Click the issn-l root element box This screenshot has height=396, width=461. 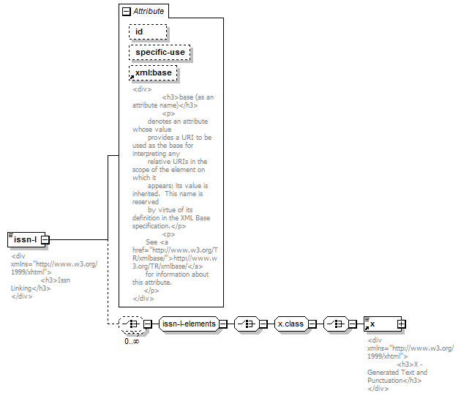click(26, 240)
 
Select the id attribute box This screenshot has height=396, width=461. click(148, 31)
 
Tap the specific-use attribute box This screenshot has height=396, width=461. click(160, 53)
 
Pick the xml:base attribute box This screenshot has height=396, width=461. click(153, 73)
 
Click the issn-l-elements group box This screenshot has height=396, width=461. click(189, 324)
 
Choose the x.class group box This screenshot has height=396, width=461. click(291, 324)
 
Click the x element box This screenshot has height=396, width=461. click(383, 324)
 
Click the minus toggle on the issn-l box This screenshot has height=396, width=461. click(45, 240)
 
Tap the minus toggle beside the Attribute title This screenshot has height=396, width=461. click(127, 12)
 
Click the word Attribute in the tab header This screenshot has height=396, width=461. click(149, 11)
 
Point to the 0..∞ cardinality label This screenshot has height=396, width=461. click(132, 341)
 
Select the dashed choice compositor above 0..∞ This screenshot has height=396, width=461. click(132, 324)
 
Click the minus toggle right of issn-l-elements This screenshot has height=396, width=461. click(223, 324)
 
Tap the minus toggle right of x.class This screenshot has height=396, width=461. click(312, 324)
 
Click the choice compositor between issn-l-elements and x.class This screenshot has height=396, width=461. click(247, 324)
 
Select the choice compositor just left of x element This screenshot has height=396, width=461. click(336, 324)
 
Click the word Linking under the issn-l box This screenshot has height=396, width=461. click(21, 288)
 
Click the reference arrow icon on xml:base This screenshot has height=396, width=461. click(132, 78)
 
